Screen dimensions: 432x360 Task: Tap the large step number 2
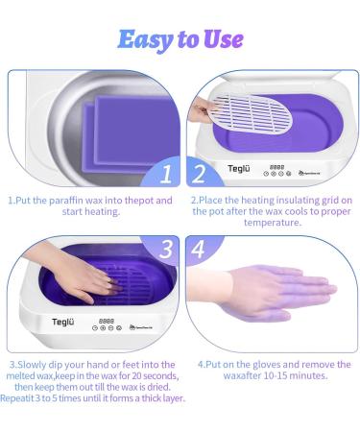coord(198,174)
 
